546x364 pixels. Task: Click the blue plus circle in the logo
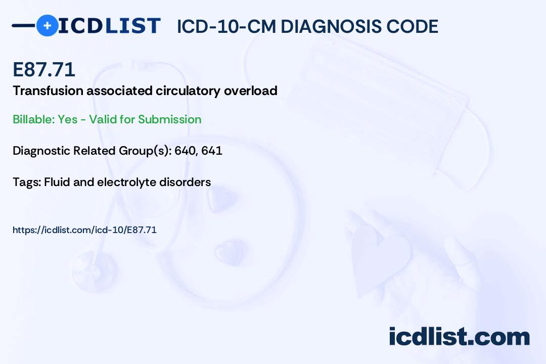point(47,26)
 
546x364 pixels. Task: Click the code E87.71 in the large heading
point(44,69)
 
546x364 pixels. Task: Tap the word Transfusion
point(48,90)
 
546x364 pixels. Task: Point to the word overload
point(251,90)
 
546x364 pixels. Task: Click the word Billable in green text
point(33,119)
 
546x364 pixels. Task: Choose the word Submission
point(169,119)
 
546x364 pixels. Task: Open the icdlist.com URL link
point(84,230)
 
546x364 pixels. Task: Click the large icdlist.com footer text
point(459,337)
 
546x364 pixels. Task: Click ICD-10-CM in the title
point(226,26)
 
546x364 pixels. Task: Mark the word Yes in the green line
point(68,119)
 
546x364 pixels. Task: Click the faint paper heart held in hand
point(380,258)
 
